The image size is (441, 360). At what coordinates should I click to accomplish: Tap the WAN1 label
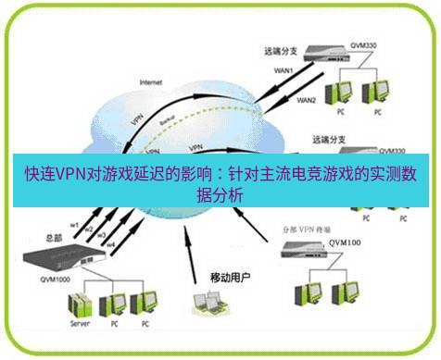pyautogui.click(x=283, y=68)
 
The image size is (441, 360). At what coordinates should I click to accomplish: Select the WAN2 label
pyautogui.click(x=307, y=99)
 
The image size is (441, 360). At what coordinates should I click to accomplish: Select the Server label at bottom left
pyautogui.click(x=80, y=326)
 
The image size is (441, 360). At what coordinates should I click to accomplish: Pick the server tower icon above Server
pyautogui.click(x=81, y=304)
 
